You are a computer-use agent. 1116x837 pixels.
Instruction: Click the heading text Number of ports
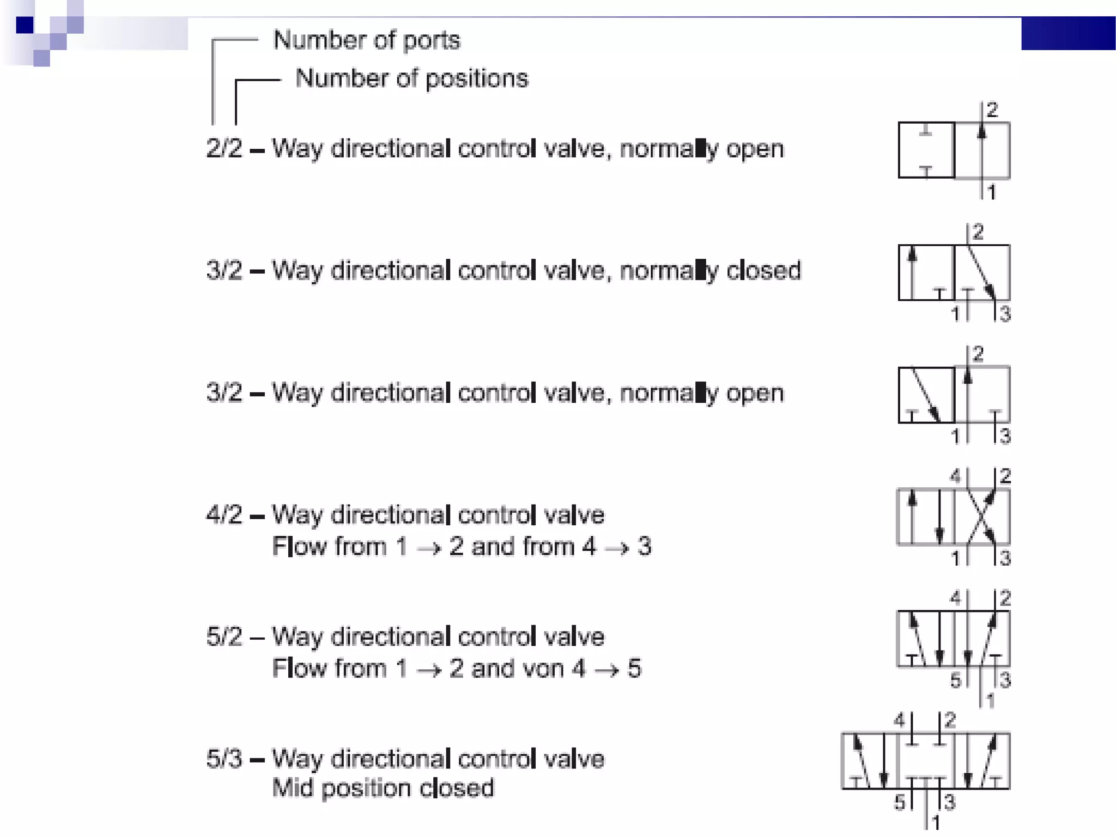(x=366, y=40)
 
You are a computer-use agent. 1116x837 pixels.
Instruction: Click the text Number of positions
(x=411, y=78)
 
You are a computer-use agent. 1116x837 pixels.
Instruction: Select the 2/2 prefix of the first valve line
(x=224, y=148)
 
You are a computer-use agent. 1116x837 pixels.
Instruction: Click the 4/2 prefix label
(x=224, y=514)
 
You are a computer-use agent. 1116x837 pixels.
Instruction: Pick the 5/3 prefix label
(x=224, y=759)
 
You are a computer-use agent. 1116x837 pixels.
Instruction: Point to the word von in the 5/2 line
(x=544, y=668)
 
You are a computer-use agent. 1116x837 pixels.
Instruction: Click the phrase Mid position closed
(x=383, y=788)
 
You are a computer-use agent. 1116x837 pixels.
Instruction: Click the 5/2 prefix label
(x=224, y=636)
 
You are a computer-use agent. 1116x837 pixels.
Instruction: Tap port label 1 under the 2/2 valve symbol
(x=992, y=192)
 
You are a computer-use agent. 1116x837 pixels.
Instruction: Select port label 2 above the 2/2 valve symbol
(x=992, y=110)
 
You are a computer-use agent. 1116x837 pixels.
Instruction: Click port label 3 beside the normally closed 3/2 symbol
(x=1005, y=314)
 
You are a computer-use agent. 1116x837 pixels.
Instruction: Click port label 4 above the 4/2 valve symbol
(x=955, y=476)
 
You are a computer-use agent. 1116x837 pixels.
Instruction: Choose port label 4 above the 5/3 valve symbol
(x=899, y=720)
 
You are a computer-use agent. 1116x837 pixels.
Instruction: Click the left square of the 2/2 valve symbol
(x=926, y=150)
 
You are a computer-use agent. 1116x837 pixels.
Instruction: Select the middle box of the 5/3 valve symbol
(x=926, y=761)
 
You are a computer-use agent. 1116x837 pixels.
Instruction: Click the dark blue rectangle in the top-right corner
(x=1068, y=33)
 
